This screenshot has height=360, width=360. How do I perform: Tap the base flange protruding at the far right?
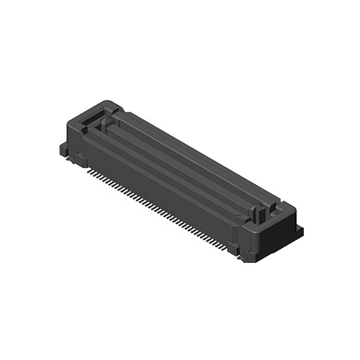(x=299, y=231)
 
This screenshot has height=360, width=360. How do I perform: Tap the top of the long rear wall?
(x=197, y=152)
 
